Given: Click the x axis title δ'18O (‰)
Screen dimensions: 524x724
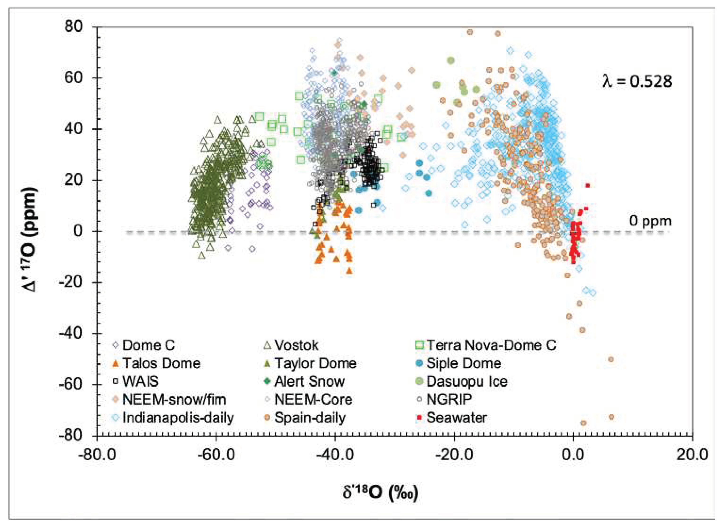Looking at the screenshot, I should pos(380,492).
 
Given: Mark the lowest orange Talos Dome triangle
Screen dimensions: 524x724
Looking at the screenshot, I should pos(349,271).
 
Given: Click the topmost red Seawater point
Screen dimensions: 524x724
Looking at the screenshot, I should pos(587,185).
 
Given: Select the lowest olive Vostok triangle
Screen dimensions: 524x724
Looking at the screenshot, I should pos(201,256).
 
